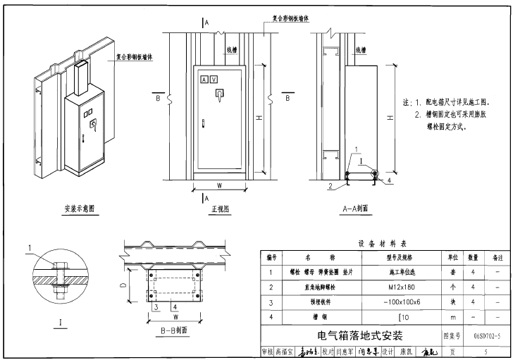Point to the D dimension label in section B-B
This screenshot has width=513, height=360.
click(x=123, y=285)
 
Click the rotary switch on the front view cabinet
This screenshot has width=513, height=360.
click(x=218, y=93)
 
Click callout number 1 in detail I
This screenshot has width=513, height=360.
click(x=30, y=247)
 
